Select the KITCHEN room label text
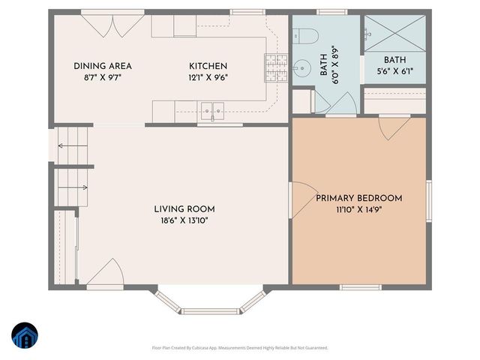point(208,66)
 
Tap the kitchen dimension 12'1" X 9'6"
point(208,76)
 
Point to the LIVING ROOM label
point(184,208)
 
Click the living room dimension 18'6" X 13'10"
point(184,220)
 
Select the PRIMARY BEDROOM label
point(358,198)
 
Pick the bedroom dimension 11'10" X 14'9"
point(358,209)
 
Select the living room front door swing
point(104,275)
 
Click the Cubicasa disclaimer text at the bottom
point(239,347)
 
